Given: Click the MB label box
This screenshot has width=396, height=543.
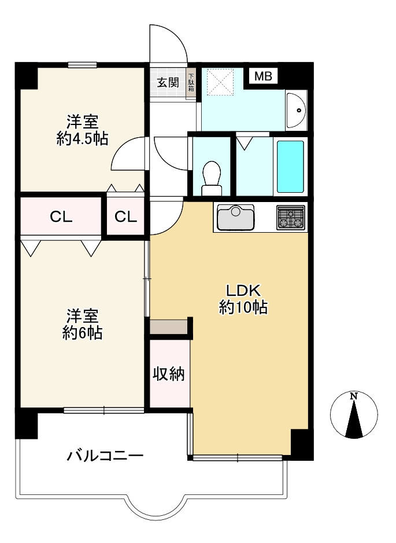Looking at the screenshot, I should click(x=264, y=76).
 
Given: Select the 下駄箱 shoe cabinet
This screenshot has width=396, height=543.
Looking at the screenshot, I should click(x=191, y=82).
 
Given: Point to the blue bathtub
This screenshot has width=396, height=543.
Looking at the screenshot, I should click(x=290, y=166).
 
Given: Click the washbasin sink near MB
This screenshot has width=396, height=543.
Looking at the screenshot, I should click(x=297, y=110).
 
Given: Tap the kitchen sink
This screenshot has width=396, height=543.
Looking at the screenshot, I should click(x=236, y=217).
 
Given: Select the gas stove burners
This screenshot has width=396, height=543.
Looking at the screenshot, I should click(x=290, y=218).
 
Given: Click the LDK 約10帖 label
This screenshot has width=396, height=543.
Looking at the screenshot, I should click(x=243, y=299).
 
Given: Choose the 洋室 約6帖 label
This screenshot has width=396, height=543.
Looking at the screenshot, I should click(x=82, y=324).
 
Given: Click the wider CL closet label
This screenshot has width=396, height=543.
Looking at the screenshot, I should click(x=61, y=217).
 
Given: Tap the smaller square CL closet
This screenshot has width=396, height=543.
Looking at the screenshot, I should click(x=125, y=217).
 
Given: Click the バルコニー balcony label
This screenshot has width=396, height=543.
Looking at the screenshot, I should click(x=105, y=456).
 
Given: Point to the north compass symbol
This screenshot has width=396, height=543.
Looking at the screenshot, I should click(x=353, y=416).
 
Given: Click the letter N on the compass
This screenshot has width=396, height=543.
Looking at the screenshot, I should click(x=353, y=397).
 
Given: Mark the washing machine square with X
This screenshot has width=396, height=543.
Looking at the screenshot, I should click(x=220, y=82).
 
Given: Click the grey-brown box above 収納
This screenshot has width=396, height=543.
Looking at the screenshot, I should click(x=169, y=327).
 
